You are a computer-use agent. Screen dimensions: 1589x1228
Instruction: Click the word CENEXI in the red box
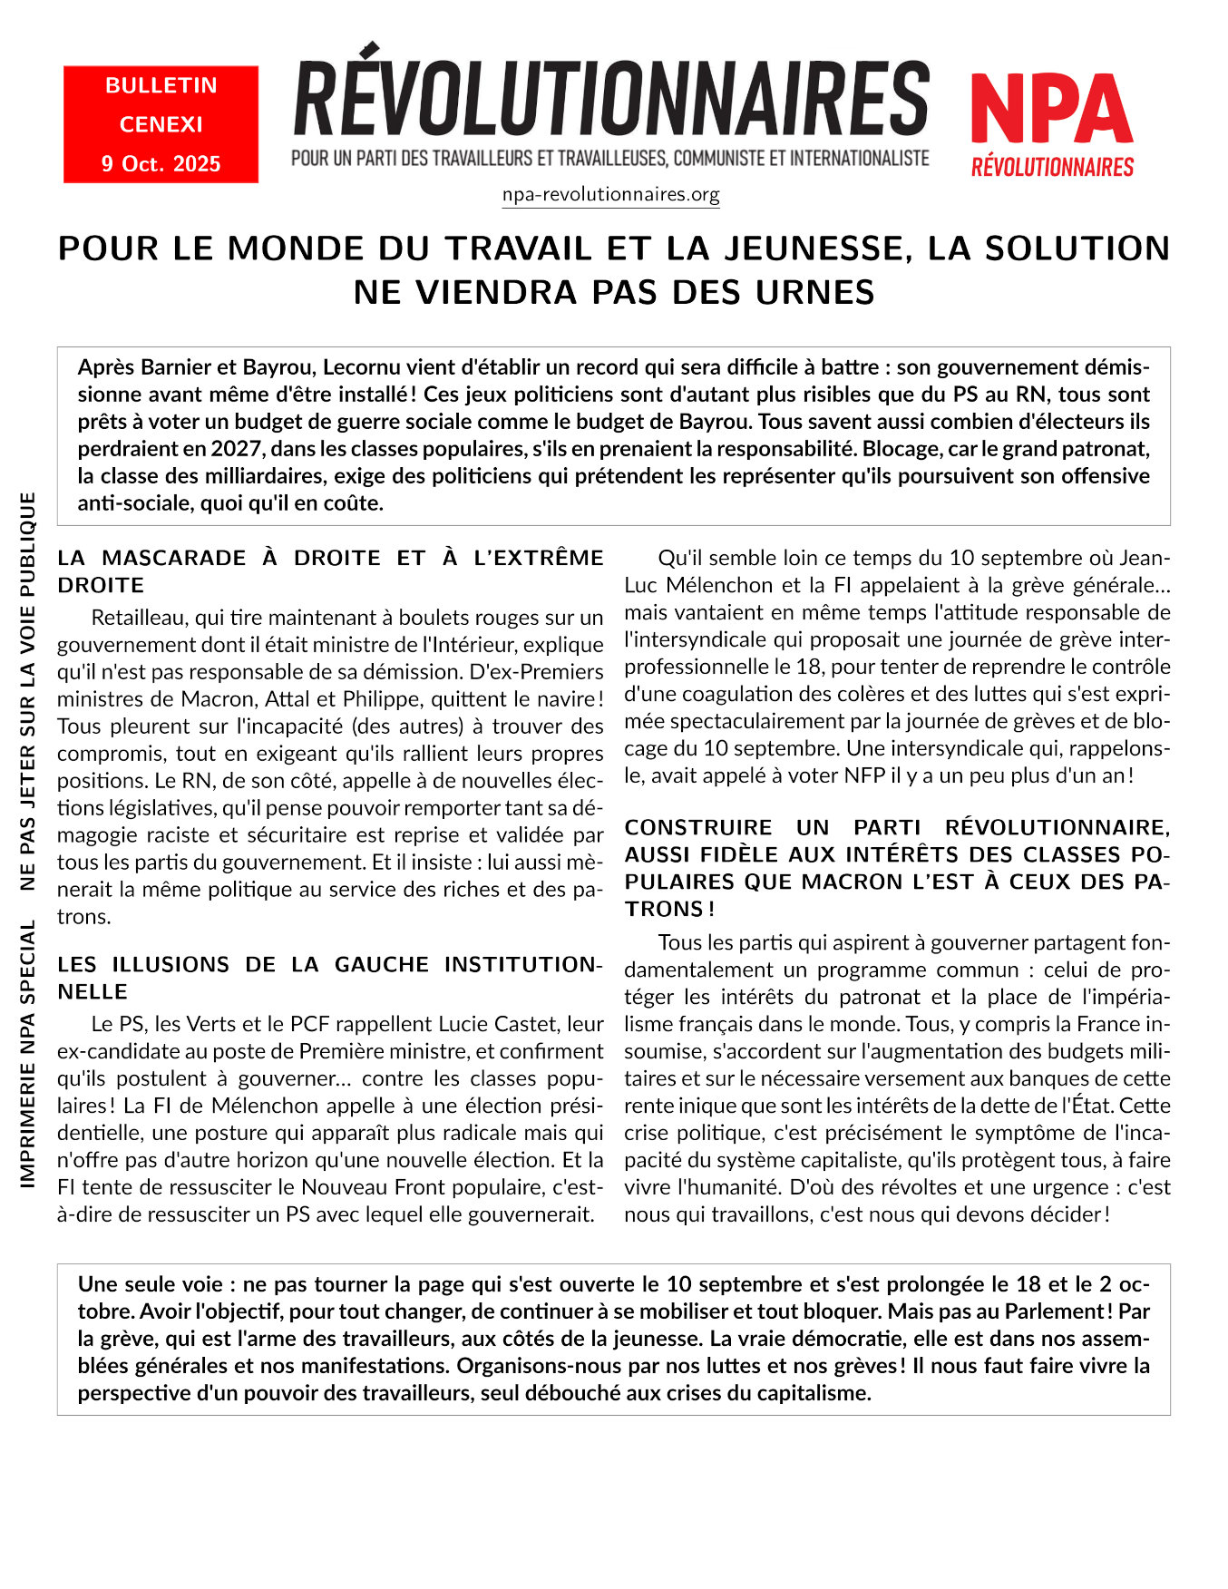click(x=161, y=124)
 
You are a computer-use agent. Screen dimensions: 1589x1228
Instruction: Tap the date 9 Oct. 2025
click(x=161, y=164)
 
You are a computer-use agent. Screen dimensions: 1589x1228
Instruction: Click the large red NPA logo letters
click(x=1052, y=109)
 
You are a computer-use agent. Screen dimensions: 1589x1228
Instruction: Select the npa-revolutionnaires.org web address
click(x=610, y=195)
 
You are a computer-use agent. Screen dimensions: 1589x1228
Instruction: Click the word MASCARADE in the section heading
click(x=174, y=558)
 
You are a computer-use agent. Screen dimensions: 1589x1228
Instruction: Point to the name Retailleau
click(x=140, y=618)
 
